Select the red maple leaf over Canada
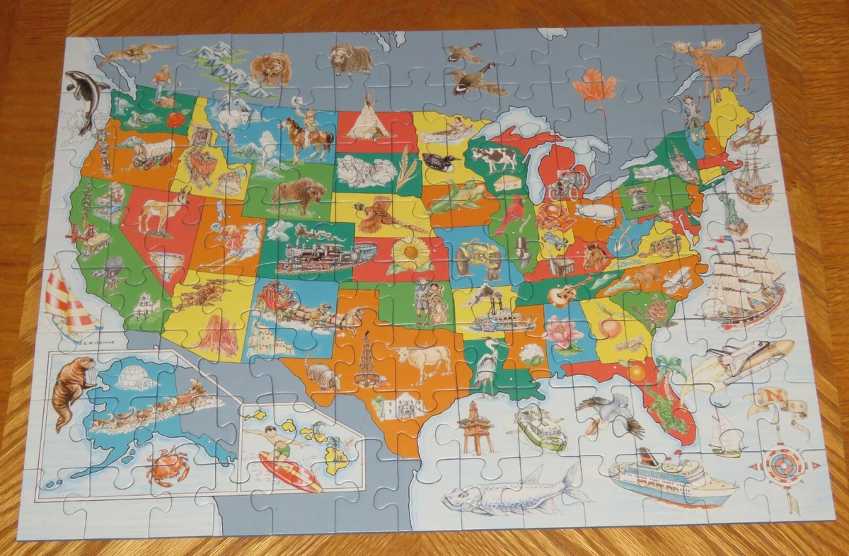point(595,89)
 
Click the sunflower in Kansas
point(411,253)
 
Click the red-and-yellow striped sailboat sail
point(69,301)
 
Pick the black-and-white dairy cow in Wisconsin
point(495,158)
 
